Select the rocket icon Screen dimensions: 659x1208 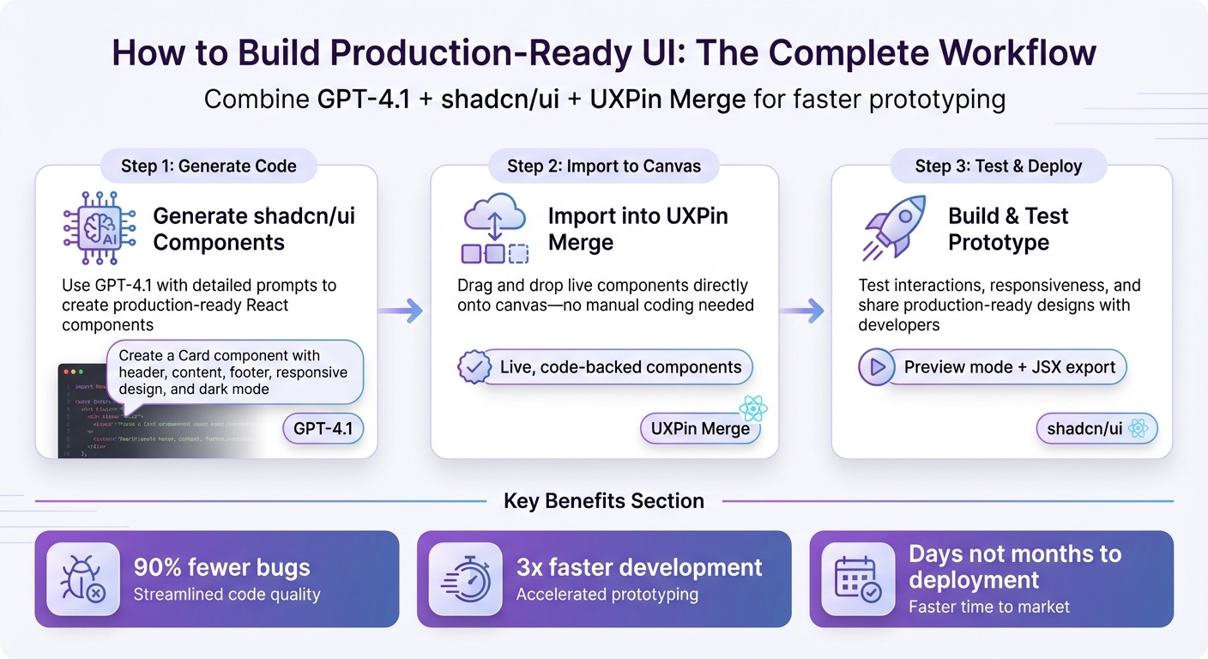894,227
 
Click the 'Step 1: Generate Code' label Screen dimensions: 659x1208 208,166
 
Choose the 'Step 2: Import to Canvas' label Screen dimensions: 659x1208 604,166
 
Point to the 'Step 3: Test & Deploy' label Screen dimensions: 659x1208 999,166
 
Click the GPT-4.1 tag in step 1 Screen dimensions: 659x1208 323,428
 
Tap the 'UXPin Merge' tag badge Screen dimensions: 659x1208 700,428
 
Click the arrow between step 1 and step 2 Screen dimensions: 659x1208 402,311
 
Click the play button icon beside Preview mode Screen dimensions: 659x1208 877,367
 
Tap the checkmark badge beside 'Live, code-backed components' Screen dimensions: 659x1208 474,367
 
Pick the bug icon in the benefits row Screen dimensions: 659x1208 83,579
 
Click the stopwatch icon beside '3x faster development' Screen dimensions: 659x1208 466,579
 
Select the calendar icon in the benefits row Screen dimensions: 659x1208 859,579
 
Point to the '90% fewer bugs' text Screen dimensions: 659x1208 221,567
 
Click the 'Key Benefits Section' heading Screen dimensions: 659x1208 604,501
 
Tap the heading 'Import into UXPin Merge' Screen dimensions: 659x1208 637,229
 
